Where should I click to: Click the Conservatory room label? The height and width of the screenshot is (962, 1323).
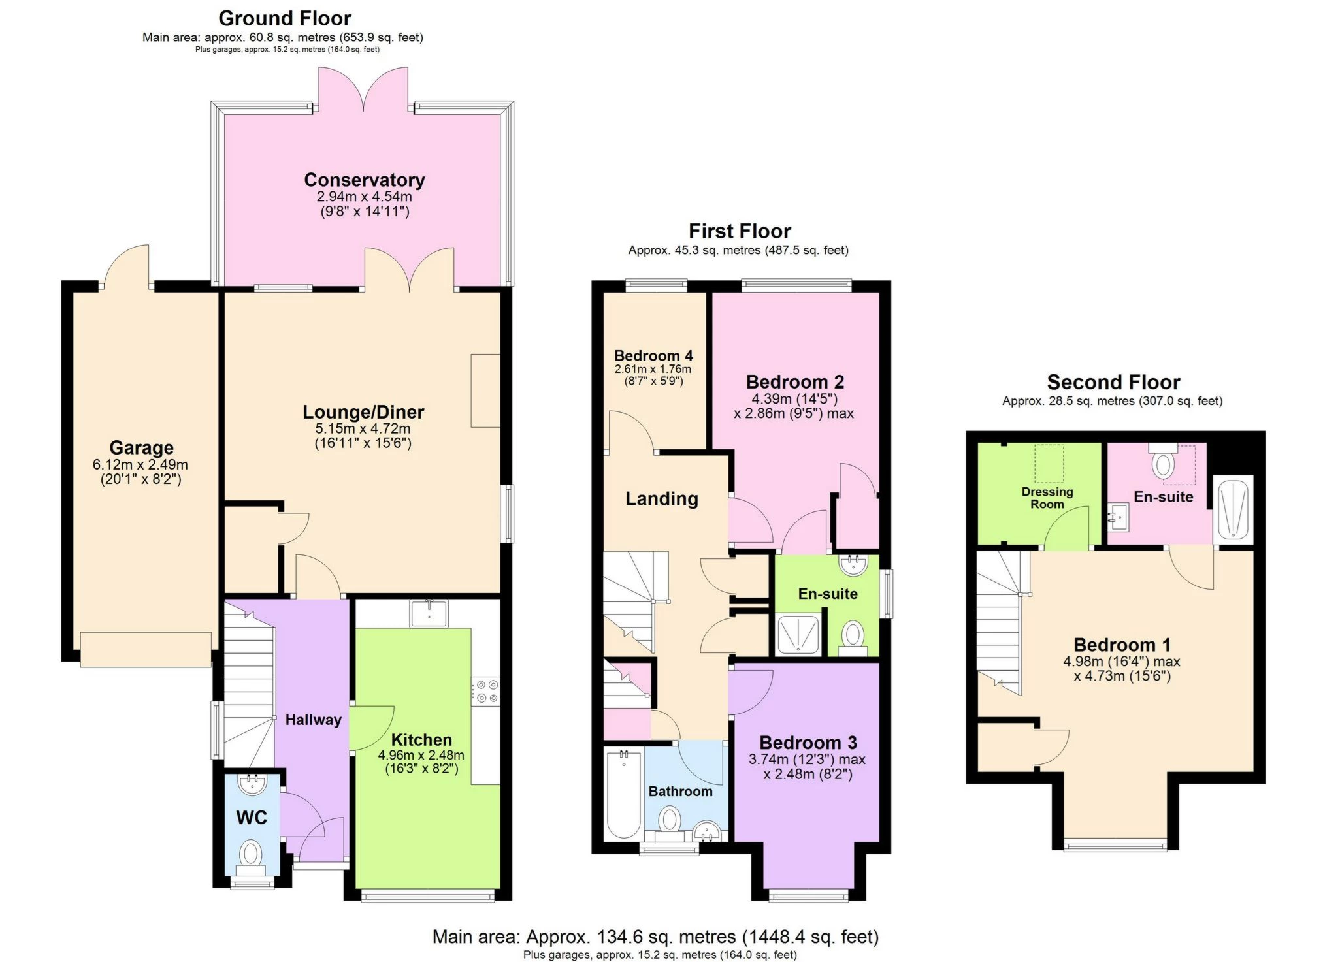[x=364, y=180]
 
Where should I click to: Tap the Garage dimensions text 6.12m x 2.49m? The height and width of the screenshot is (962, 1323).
[x=140, y=465]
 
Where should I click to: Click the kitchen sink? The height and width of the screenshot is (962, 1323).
[x=429, y=614]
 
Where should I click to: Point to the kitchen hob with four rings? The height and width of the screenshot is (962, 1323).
[x=486, y=692]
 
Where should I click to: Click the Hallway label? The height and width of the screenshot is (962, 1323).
[x=313, y=720]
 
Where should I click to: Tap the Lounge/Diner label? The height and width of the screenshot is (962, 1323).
[x=363, y=412]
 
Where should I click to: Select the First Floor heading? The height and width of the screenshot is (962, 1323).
[x=740, y=231]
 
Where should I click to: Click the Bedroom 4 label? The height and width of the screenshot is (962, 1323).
[x=653, y=356]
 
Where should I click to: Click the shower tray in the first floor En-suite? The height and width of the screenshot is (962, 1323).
[x=797, y=633]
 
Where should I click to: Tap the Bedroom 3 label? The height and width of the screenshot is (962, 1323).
[x=808, y=743]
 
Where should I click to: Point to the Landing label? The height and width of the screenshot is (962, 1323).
[x=662, y=499]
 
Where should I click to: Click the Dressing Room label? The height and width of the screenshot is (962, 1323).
[x=1047, y=498]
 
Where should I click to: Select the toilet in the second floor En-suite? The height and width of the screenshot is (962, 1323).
[x=1162, y=464]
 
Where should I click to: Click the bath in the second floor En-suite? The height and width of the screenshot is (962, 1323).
[x=1233, y=510]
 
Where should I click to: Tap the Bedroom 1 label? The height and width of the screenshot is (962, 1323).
[x=1122, y=645]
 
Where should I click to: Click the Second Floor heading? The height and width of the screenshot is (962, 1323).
[x=1113, y=382]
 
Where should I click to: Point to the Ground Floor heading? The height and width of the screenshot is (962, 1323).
[x=284, y=18]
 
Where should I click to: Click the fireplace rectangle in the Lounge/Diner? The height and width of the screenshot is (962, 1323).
[x=485, y=391]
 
